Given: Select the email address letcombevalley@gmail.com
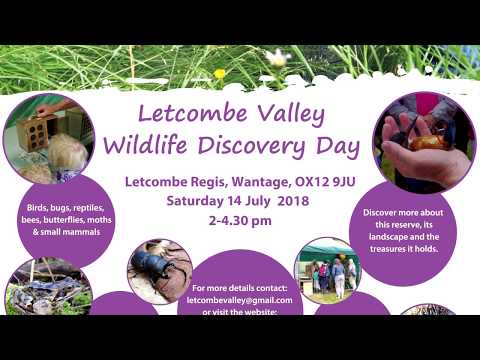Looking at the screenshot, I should (x=239, y=299).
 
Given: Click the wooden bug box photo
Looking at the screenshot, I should (x=45, y=135).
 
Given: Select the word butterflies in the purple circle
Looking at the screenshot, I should (x=73, y=221).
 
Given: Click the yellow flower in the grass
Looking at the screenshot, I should (x=220, y=73).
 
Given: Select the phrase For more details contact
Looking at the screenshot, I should (x=239, y=287).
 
